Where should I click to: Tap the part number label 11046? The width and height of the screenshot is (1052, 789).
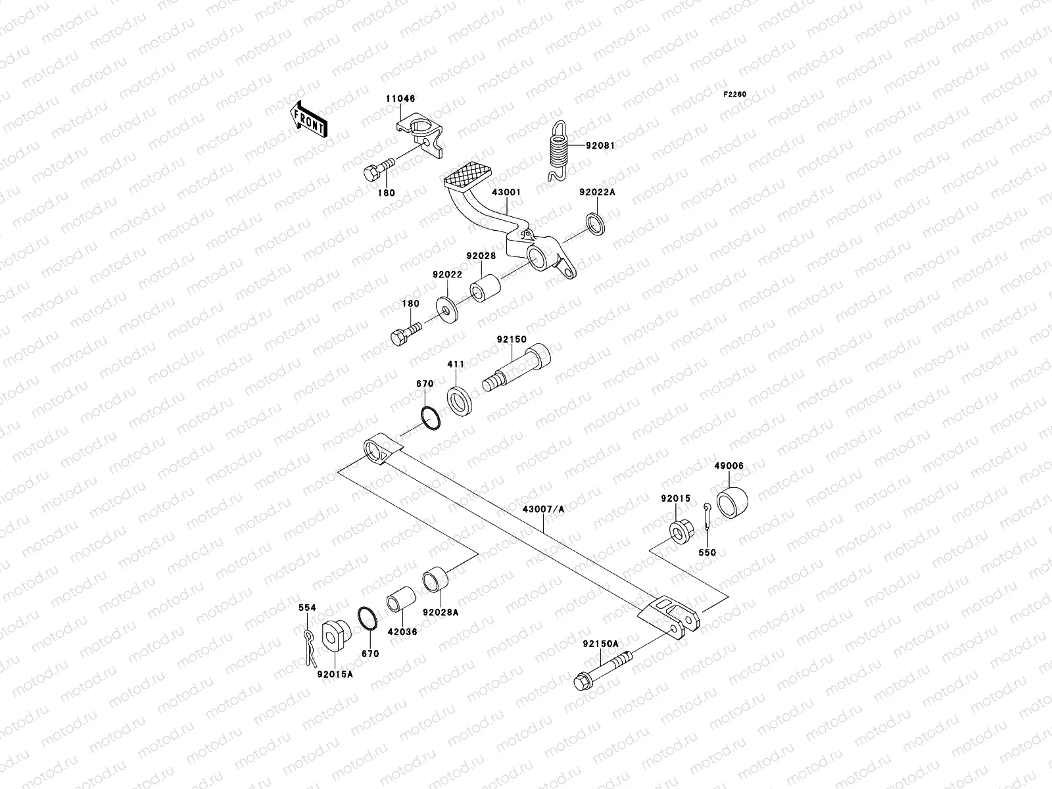click(x=400, y=99)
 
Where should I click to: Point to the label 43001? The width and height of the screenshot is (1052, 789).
click(x=506, y=193)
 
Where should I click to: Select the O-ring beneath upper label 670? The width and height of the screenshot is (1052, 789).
click(x=429, y=418)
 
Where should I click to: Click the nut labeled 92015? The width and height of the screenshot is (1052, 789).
click(x=679, y=530)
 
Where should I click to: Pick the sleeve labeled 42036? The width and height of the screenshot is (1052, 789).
click(x=402, y=604)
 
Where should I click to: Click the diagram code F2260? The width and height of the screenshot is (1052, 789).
click(x=735, y=95)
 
